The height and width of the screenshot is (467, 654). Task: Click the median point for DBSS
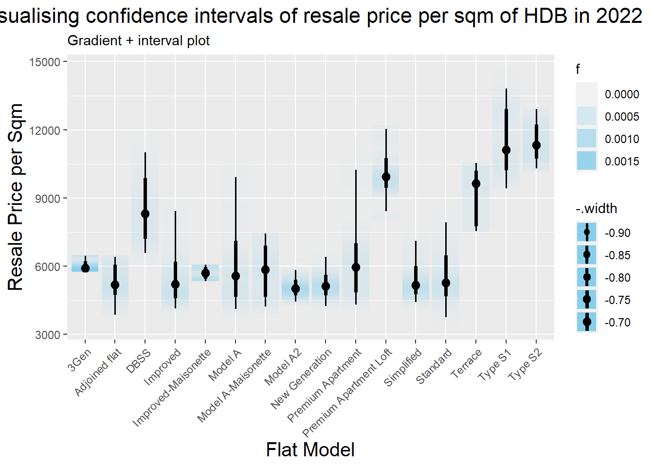coord(145,214)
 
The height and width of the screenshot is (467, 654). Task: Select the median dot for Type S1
coord(506,150)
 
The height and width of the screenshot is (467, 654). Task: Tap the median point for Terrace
coord(476,183)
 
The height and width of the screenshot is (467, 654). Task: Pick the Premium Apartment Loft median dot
coord(386,177)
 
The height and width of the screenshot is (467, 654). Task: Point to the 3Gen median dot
coord(85,268)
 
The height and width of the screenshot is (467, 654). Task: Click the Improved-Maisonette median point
coord(205,273)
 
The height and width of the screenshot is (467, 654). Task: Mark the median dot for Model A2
coord(295,288)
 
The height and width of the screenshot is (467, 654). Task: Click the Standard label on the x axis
coord(435,366)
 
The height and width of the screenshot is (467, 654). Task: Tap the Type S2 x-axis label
coord(526,365)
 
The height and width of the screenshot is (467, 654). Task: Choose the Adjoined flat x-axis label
coord(98,373)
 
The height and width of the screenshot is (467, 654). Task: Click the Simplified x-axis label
coord(403,368)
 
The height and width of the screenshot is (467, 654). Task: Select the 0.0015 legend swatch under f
coord(586,161)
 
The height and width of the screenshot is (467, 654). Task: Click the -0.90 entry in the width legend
coord(587,233)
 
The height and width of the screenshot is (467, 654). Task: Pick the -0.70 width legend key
coord(587,322)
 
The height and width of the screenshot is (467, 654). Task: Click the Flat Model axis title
coord(310,449)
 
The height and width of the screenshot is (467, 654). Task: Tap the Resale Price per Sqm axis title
coord(16,197)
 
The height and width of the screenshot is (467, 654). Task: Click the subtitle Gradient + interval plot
coord(139,40)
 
